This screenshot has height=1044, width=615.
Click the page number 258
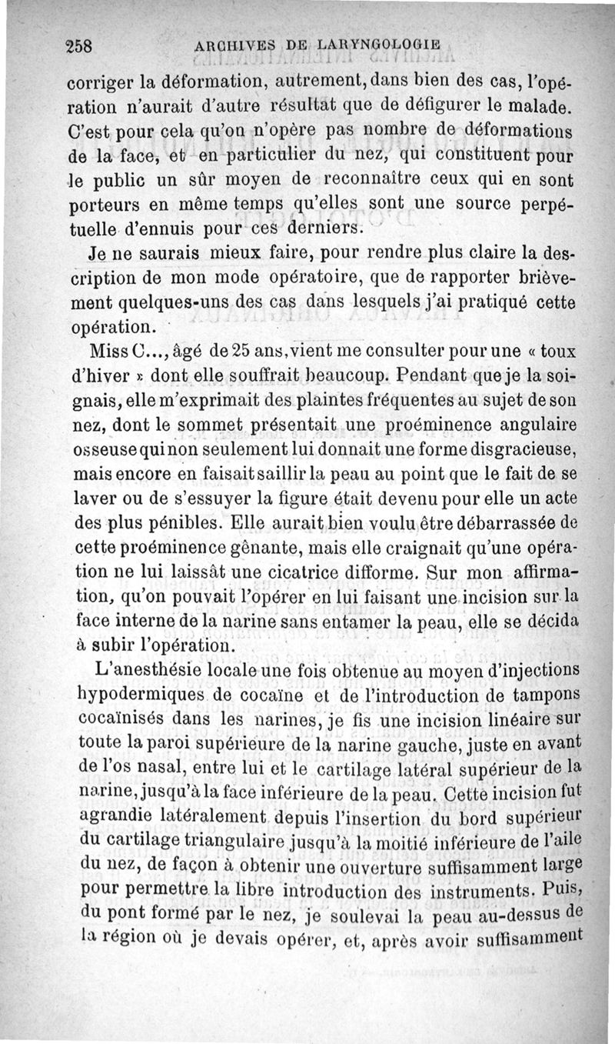pos(78,45)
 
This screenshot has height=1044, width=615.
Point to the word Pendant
pos(430,378)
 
